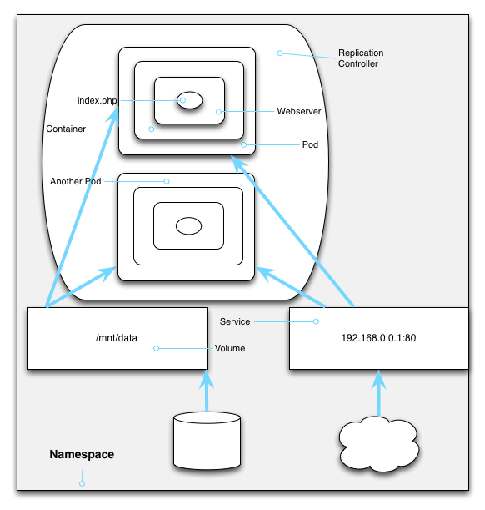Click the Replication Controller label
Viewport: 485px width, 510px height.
361,58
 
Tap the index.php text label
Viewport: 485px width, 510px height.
97,100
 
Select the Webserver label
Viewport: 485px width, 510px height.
299,111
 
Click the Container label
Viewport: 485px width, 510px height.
66,129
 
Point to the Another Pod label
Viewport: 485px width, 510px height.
76,181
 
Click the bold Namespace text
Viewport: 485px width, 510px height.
82,454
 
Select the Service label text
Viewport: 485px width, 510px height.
235,321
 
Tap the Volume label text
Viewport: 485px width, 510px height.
230,348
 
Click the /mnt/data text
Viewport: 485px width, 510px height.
117,338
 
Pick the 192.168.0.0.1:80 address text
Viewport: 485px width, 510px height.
378,338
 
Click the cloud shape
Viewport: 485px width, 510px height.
379,444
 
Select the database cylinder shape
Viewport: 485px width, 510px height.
207,441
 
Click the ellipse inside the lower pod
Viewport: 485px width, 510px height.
188,225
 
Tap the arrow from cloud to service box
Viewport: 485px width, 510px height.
378,393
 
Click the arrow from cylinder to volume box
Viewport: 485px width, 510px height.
207,391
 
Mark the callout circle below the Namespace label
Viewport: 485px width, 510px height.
82,483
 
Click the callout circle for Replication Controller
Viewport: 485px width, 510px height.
280,53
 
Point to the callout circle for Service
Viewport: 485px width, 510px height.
316,321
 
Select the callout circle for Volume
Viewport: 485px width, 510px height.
156,348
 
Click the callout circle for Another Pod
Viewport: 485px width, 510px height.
167,181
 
